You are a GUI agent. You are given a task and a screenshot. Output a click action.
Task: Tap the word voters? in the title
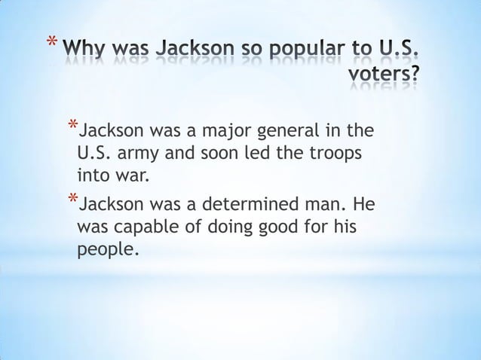[384, 75]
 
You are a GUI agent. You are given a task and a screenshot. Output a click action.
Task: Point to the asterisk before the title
[50, 42]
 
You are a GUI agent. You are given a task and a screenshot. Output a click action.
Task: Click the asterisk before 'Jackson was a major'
[71, 125]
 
